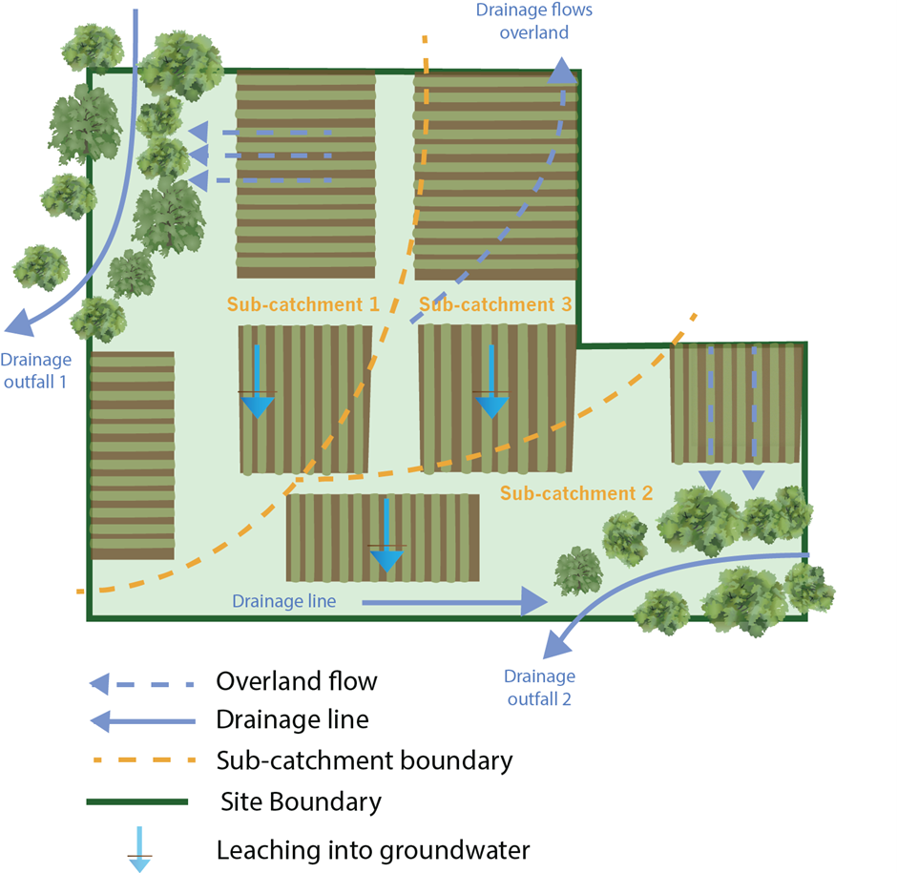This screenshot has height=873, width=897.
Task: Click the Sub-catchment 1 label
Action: point(302,304)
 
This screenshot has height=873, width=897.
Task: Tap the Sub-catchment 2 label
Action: point(576,493)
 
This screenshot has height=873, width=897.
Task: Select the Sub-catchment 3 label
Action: point(495,304)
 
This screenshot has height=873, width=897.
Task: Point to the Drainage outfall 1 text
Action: point(35,368)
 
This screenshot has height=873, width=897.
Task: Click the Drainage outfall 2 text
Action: point(539,686)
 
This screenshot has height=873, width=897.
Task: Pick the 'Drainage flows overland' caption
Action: point(533,22)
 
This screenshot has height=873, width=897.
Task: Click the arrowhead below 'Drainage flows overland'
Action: point(562,72)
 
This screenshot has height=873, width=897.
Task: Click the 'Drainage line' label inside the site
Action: point(283,601)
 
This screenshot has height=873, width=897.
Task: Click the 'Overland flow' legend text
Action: point(297,681)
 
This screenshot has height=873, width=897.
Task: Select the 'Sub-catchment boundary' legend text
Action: point(365,760)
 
